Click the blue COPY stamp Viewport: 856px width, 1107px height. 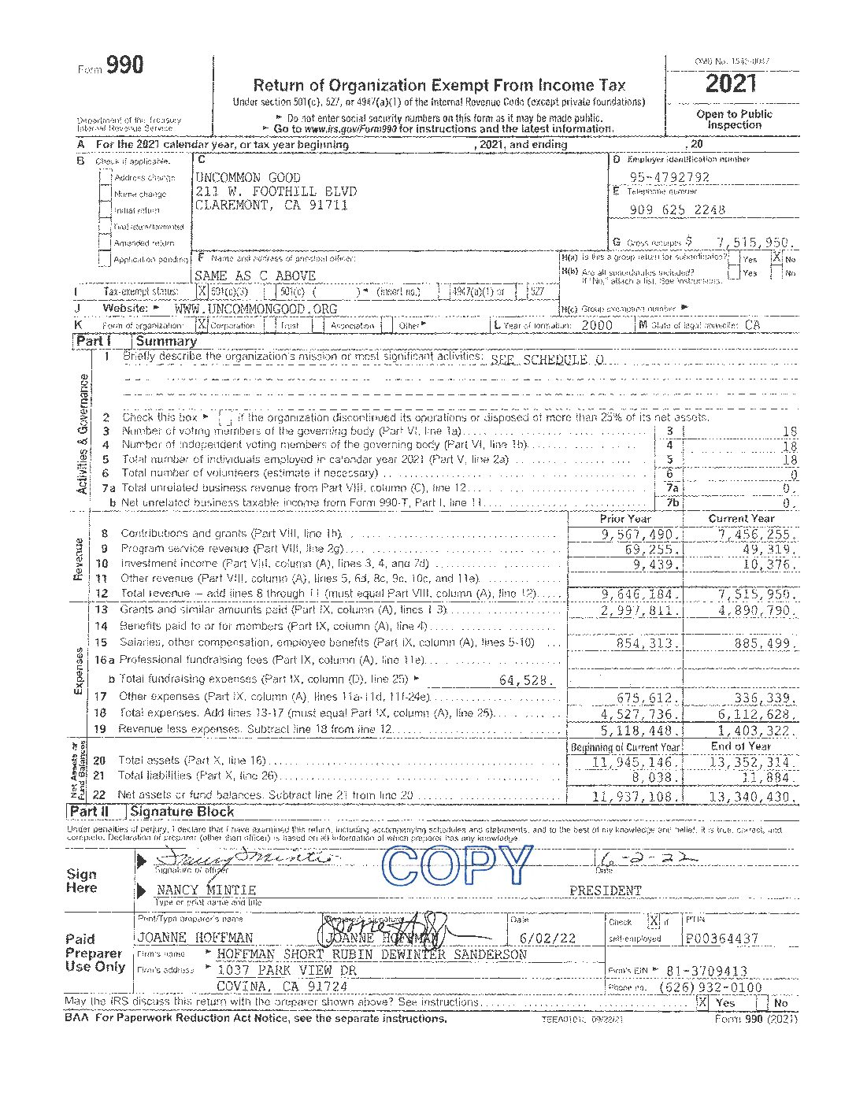457,866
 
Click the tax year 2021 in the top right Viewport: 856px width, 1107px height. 732,83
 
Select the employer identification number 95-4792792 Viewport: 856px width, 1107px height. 669,178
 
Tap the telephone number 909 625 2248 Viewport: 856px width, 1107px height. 677,210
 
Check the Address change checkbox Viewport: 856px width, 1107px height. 106,177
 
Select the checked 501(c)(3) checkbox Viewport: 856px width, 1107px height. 202,291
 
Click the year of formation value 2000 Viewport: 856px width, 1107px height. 596,325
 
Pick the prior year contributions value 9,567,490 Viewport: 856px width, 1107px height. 638,534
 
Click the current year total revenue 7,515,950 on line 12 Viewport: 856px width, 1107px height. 757,594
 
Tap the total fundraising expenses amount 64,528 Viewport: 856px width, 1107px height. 526,680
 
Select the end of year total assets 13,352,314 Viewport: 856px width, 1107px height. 749,762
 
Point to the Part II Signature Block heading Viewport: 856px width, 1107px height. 181,812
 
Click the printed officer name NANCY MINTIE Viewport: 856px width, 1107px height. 206,890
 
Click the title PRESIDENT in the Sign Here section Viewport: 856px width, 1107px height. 605,890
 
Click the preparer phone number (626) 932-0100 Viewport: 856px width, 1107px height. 710,987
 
